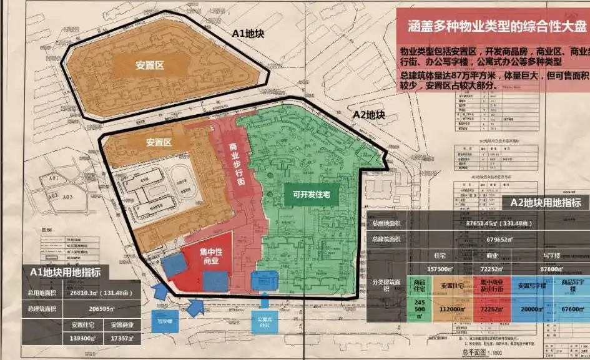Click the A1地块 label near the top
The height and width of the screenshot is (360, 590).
pyautogui.click(x=247, y=34)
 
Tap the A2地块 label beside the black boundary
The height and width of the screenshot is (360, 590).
pyautogui.click(x=369, y=115)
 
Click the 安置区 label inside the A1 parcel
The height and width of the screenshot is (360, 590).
pyautogui.click(x=150, y=64)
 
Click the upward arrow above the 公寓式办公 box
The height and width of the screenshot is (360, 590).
pyautogui.click(x=264, y=302)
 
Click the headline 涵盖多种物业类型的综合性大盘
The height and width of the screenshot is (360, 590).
pyautogui.click(x=492, y=26)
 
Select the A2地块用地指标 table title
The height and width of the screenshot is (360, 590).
pyautogui.click(x=545, y=202)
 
